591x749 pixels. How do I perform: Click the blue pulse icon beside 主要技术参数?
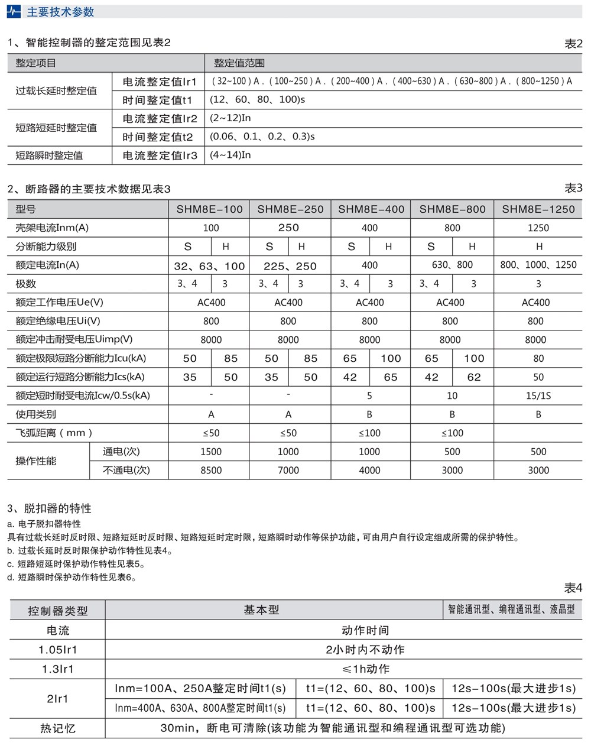14,12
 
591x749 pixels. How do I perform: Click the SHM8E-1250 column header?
538,209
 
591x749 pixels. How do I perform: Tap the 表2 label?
573,44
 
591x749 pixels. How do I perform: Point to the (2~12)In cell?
230,118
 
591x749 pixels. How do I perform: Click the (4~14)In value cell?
230,155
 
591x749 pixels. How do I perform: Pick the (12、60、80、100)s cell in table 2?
257,100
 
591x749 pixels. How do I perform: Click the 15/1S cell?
538,395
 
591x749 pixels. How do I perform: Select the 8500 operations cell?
211,471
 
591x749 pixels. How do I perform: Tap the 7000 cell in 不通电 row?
288,471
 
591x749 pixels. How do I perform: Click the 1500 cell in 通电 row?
211,452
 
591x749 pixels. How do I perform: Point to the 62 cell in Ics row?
474,377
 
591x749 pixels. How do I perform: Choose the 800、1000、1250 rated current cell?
538,265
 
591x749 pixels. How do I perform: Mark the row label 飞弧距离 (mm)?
54,433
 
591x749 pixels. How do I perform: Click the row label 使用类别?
36,414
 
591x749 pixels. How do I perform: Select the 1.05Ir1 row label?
58,650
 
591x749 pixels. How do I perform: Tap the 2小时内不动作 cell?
365,650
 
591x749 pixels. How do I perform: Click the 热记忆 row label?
58,728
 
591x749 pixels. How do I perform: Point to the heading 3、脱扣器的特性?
50,508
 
